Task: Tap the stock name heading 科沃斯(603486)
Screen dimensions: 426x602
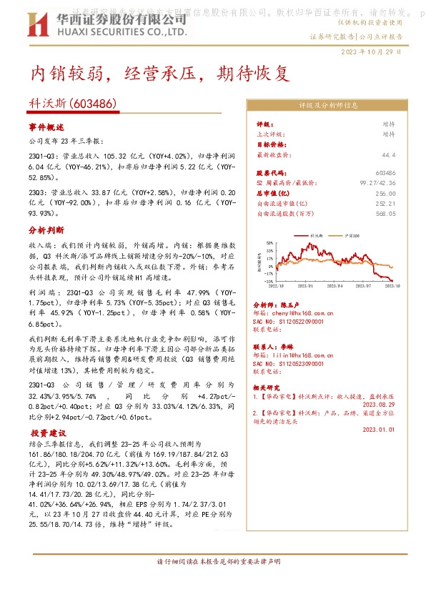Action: (x=74, y=104)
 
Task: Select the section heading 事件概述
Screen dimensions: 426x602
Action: (x=46, y=127)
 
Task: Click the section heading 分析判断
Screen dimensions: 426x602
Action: (x=46, y=231)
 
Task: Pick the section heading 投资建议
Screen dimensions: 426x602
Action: (x=49, y=433)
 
